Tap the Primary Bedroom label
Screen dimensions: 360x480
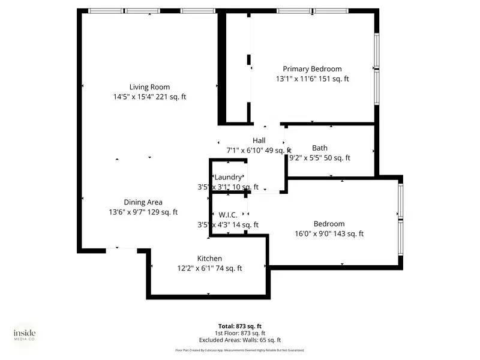click(312, 69)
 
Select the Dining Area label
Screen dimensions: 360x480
click(143, 202)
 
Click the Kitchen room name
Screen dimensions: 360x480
click(209, 258)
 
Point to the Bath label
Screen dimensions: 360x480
click(320, 148)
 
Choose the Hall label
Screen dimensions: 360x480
click(259, 140)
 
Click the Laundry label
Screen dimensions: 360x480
click(229, 177)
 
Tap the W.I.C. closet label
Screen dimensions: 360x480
click(227, 215)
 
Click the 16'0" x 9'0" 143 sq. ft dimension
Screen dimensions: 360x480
click(329, 234)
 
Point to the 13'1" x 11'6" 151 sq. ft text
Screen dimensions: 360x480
click(312, 79)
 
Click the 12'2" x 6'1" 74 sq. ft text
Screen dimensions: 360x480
click(209, 268)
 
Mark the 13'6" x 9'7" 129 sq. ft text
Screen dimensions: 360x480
click(143, 212)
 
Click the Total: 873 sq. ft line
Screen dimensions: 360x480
click(239, 326)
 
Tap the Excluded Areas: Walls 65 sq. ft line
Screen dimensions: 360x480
click(239, 340)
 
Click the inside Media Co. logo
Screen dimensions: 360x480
click(25, 334)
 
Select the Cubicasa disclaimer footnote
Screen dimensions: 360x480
click(239, 350)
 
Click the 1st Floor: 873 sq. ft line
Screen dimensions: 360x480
click(239, 333)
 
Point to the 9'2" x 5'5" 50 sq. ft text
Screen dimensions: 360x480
click(320, 158)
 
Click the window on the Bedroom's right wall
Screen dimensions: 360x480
click(400, 214)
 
